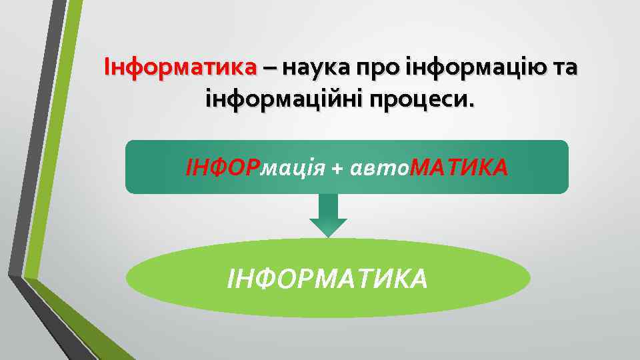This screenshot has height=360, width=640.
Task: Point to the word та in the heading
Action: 563,68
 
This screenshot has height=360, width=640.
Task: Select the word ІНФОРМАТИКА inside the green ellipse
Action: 327,277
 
